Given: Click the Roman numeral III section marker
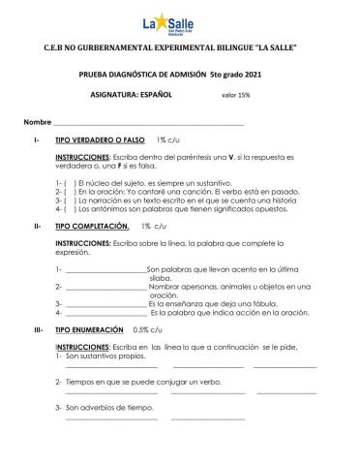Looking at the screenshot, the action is [x=36, y=329].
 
